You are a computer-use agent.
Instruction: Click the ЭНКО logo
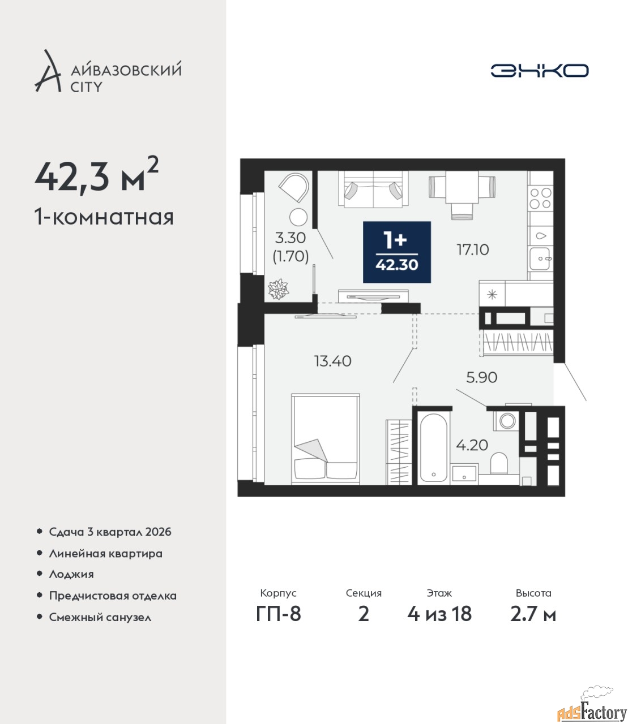(539, 70)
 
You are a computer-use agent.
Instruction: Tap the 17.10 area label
(472, 250)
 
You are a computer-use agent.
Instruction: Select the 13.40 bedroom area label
(332, 361)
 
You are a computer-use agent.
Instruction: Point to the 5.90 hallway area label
(481, 378)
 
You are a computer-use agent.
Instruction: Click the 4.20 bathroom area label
(472, 445)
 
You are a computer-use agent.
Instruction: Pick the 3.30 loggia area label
(290, 238)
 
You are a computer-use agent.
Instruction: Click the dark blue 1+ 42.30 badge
(396, 252)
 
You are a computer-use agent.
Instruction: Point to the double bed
(326, 439)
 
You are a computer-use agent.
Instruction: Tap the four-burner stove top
(540, 198)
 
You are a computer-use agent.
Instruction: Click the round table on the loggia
(298, 217)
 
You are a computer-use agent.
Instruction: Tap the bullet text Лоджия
(71, 574)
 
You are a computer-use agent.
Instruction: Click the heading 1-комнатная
(104, 218)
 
